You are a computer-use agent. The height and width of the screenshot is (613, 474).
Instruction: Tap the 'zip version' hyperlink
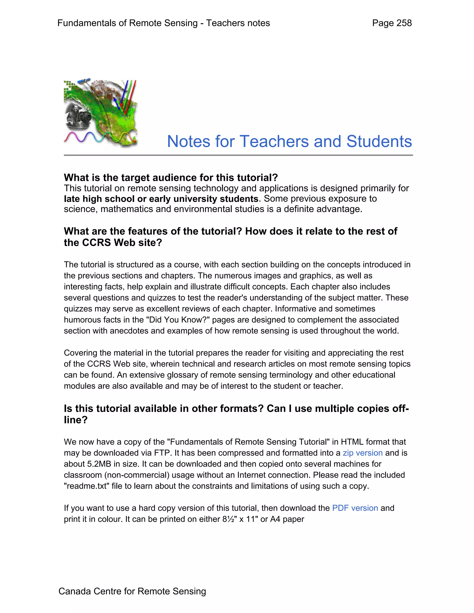(x=362, y=453)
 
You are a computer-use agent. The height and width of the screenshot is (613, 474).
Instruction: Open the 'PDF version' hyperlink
(x=355, y=508)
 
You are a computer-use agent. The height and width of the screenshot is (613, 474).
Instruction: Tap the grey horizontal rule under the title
(x=238, y=155)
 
